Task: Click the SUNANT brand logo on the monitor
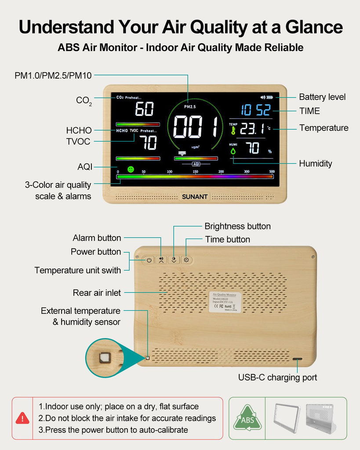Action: coord(195,196)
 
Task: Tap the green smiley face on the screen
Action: coord(131,169)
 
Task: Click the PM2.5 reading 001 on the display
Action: coord(196,127)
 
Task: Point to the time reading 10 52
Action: coord(255,110)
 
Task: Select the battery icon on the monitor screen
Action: coord(269,97)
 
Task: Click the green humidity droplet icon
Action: coord(233,150)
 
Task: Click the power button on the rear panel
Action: coord(149,260)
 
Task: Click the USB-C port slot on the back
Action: coord(297,359)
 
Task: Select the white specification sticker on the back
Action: coord(225,302)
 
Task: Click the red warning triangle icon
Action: coord(22,418)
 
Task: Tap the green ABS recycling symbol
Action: coord(247,418)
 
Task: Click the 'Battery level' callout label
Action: coord(322,97)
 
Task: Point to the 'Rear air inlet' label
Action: coord(97,293)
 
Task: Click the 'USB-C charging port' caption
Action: coord(277,377)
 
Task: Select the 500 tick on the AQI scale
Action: coord(272,171)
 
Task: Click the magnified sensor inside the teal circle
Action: coord(105,357)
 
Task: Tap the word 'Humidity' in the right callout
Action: coord(315,163)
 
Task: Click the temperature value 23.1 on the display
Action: coord(252,128)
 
